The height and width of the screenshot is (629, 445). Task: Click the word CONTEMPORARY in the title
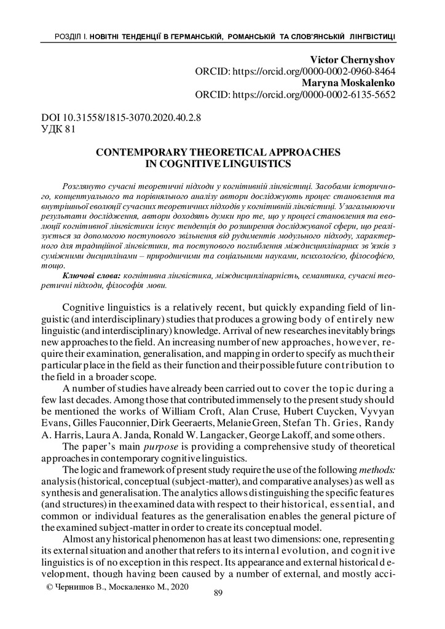pyautogui.click(x=140, y=152)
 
